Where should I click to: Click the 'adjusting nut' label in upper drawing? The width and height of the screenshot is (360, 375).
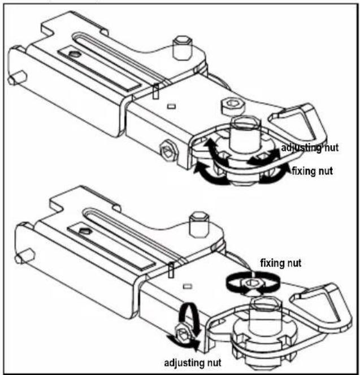(310, 147)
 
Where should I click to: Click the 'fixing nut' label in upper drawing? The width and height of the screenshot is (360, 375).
(313, 171)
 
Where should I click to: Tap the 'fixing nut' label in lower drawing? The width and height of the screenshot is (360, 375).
(281, 263)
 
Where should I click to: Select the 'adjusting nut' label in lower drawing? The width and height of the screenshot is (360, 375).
(193, 363)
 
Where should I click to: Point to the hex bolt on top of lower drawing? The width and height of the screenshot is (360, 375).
(199, 225)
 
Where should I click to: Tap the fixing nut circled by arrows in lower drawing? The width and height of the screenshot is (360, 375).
(253, 284)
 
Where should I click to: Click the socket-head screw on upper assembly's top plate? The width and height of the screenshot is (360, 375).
(233, 105)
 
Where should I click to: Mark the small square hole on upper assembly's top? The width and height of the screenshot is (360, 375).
(171, 106)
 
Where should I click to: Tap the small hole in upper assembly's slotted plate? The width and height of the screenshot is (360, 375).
(76, 55)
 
